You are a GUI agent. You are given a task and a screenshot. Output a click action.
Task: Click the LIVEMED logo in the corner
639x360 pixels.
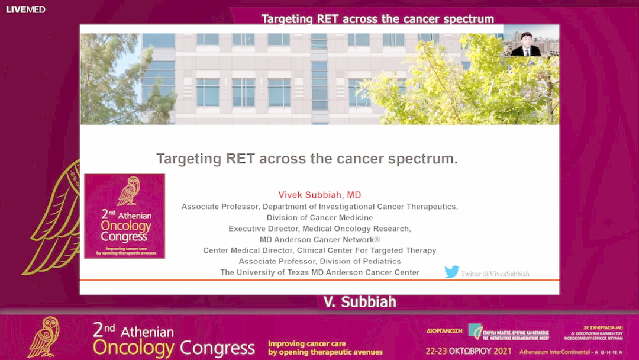click(x=25, y=9)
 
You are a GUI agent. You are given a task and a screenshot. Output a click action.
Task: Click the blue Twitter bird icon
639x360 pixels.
click(x=451, y=272)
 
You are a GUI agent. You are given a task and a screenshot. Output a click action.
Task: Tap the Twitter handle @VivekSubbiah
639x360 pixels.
click(x=495, y=274)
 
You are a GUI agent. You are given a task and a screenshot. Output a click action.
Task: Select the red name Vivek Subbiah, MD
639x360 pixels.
click(x=319, y=195)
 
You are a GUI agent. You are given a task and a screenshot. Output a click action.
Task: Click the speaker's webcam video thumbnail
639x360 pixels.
click(x=531, y=41)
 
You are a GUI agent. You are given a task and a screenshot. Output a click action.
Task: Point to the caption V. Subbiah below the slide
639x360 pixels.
click(x=360, y=302)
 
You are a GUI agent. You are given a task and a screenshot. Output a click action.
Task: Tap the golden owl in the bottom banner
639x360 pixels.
click(x=44, y=337)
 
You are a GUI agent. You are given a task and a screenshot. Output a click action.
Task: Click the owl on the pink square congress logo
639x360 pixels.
click(x=128, y=192)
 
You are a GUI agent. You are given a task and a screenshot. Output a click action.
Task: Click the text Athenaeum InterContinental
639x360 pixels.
click(x=554, y=352)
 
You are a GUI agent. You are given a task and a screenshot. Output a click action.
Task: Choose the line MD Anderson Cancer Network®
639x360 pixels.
click(x=319, y=240)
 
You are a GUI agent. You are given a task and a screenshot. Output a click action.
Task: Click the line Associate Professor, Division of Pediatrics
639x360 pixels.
click(x=319, y=261)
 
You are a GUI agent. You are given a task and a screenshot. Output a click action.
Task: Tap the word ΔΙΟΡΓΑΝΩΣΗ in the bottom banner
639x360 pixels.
click(x=444, y=332)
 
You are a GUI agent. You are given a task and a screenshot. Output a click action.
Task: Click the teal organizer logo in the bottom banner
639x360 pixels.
click(x=476, y=331)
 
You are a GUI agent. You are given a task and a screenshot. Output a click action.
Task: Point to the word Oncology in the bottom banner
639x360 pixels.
click(x=134, y=347)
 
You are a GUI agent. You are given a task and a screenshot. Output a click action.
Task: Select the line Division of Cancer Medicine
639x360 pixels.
click(x=319, y=217)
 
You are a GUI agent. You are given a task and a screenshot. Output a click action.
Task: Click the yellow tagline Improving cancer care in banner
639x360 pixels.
click(x=306, y=343)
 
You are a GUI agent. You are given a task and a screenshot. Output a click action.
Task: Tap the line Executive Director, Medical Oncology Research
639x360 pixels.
click(x=319, y=229)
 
